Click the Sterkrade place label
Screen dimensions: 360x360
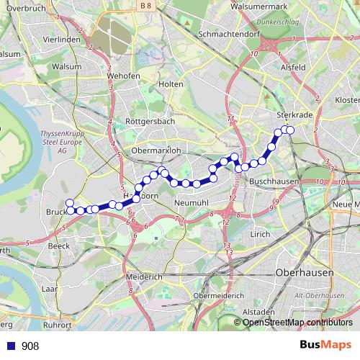point(292,114)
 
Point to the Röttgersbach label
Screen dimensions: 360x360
point(150,122)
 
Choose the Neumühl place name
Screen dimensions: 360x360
point(192,204)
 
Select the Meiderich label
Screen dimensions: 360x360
point(144,276)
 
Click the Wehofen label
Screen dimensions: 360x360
point(123,75)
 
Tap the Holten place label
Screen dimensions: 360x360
point(171,84)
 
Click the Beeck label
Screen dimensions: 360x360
point(58,246)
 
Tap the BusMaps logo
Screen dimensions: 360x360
point(325,346)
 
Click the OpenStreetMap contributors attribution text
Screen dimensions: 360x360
point(297,323)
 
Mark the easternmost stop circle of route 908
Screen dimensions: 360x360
point(291,130)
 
